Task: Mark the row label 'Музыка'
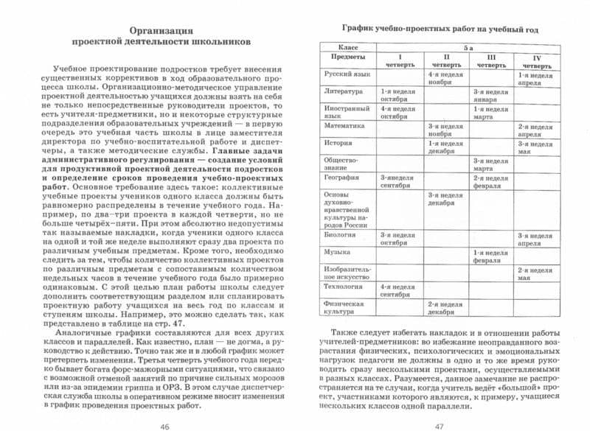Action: [x=336, y=252]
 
